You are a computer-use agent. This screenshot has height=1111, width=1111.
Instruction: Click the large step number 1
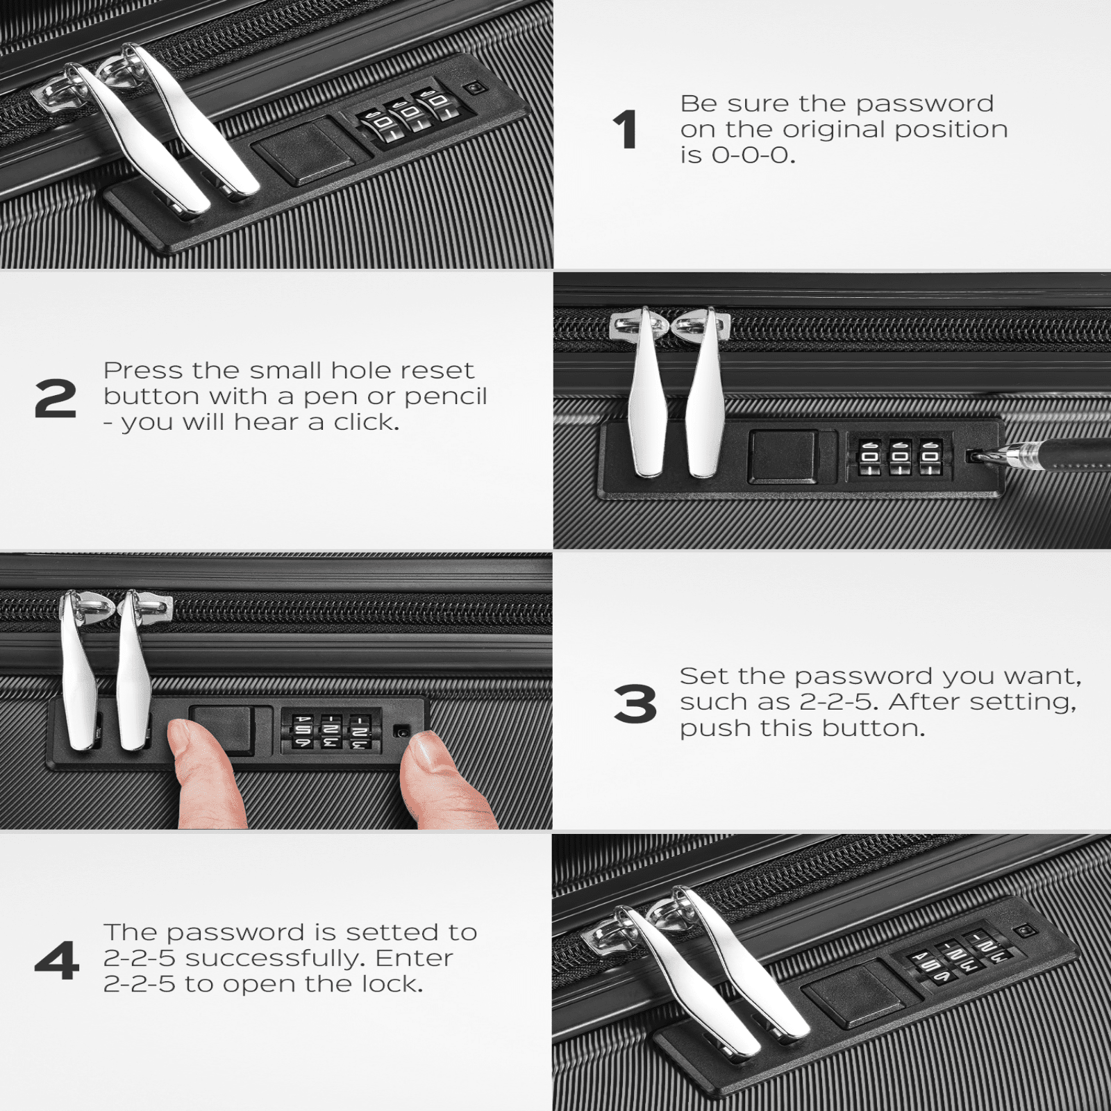click(x=625, y=130)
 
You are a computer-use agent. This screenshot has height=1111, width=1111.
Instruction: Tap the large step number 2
click(x=56, y=399)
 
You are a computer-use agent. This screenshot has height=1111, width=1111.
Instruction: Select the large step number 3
click(x=635, y=703)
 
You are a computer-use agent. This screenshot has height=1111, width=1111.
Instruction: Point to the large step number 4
click(x=57, y=961)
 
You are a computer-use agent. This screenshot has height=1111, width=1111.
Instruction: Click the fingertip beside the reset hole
click(x=444, y=781)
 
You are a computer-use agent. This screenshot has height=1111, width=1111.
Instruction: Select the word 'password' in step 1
click(x=924, y=105)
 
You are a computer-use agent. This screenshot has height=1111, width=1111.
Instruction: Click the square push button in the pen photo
click(x=783, y=456)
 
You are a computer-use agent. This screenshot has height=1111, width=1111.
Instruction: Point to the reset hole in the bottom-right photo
click(x=1025, y=930)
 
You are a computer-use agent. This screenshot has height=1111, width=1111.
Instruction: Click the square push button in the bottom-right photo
click(x=855, y=995)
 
